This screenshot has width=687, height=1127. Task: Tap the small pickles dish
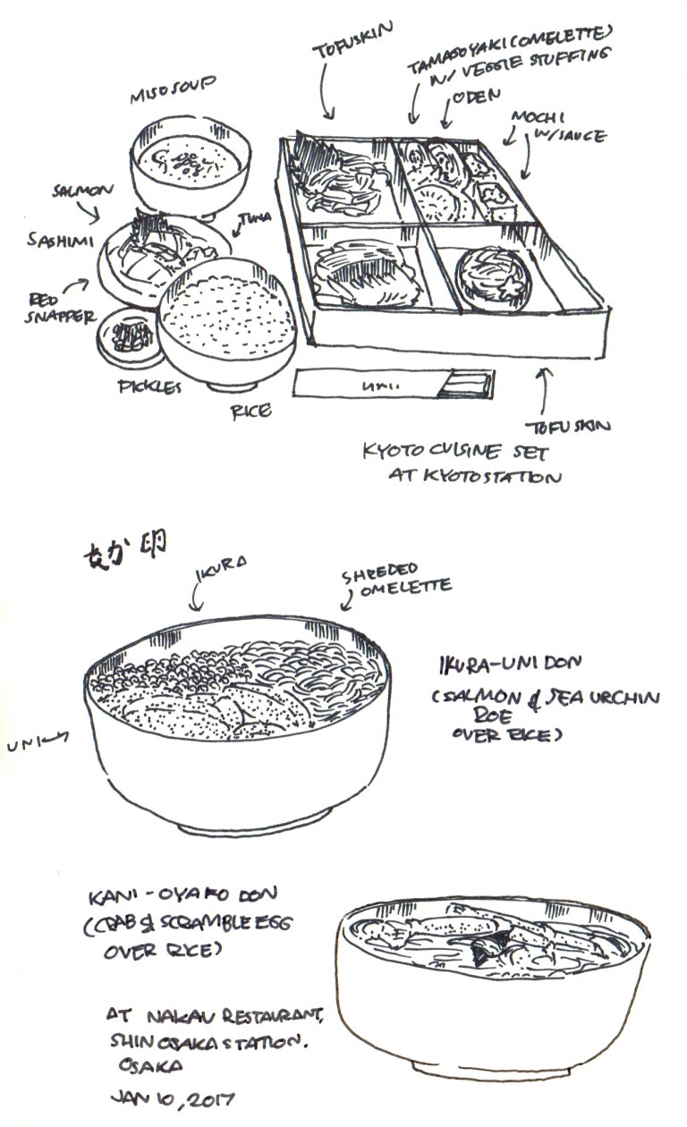pyautogui.click(x=130, y=336)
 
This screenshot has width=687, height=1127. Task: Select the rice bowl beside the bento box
pyautogui.click(x=228, y=321)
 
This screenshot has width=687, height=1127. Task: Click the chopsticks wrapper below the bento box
pyautogui.click(x=394, y=385)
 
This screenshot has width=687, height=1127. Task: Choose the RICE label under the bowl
pyautogui.click(x=251, y=411)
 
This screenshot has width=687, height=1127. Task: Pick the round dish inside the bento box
pyautogui.click(x=493, y=279)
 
